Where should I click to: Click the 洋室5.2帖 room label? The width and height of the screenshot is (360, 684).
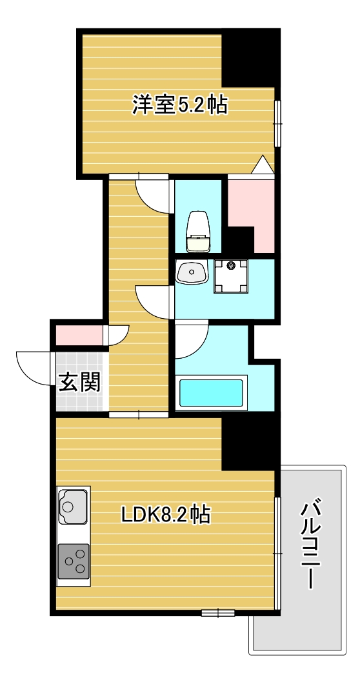[x=179, y=105]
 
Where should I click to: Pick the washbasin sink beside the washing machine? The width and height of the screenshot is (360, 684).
[x=192, y=273]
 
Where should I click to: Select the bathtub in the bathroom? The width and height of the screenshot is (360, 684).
[x=211, y=393]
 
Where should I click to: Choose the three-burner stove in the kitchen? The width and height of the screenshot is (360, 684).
[x=74, y=561]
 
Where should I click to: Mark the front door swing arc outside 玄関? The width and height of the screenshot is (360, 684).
[x=34, y=368]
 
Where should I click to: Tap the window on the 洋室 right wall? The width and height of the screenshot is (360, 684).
[x=277, y=123]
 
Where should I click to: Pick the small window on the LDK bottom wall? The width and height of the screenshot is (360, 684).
[x=217, y=612]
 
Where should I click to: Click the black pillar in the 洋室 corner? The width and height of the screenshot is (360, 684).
[x=250, y=58]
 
